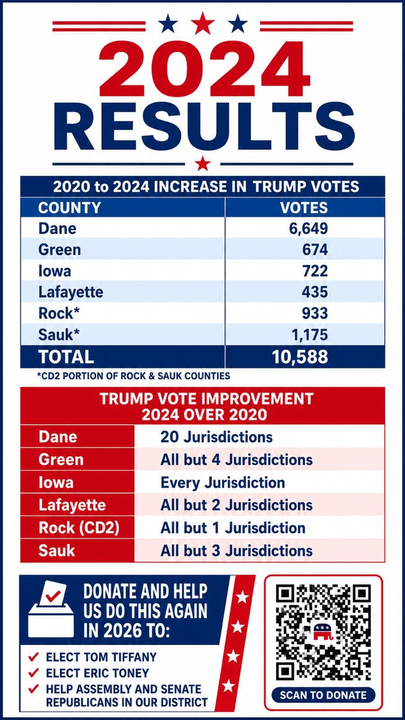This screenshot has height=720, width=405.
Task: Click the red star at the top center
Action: point(202,22)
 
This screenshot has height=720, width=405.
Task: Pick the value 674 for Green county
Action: point(315,249)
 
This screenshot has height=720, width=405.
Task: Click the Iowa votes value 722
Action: point(315,270)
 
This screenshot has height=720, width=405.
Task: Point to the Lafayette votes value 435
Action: point(315,292)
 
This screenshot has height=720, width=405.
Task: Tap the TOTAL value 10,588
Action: point(300,356)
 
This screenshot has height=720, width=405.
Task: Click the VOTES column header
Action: point(304,207)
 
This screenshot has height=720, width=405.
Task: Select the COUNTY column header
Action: point(69,207)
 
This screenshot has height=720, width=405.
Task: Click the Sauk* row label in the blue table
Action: point(59,335)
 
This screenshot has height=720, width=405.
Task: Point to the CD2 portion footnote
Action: point(134,376)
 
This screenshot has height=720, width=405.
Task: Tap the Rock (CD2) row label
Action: point(79,528)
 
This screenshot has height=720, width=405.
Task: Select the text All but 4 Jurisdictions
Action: point(236,460)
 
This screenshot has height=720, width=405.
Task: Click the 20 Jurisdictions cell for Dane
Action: point(216,437)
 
